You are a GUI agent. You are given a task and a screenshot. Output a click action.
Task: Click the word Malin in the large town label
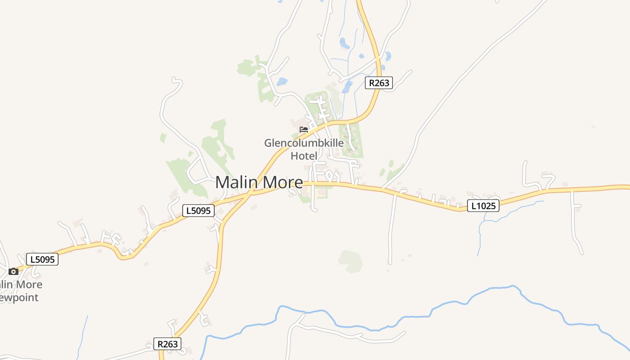pos(237,183)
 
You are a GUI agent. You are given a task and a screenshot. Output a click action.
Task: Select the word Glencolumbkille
pos(304,144)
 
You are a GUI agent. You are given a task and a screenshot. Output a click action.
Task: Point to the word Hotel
pos(304,156)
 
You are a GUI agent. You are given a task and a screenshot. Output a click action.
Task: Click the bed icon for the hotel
pos(304,130)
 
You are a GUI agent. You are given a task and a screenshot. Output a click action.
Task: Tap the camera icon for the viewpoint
pos(13,271)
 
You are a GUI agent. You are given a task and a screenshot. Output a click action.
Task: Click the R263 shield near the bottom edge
pos(167,344)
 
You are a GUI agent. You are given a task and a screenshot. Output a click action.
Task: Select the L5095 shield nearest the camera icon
pos(42,259)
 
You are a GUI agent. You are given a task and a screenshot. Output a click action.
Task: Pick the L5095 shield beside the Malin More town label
pos(198,211)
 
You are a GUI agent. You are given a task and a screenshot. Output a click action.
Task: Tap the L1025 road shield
pos(483,206)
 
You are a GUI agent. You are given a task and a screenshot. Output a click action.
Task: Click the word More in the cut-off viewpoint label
pos(28,284)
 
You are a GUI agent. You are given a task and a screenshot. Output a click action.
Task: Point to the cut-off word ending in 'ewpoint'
pos(19,297)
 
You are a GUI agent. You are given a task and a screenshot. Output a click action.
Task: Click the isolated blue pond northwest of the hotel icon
pos(282,81)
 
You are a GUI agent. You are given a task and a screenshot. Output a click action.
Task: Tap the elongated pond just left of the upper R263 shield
pos(347,86)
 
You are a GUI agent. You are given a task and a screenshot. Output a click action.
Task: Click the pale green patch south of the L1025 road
pos(351,261)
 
